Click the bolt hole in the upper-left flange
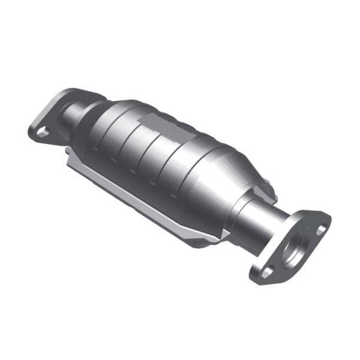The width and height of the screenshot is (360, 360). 41,130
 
